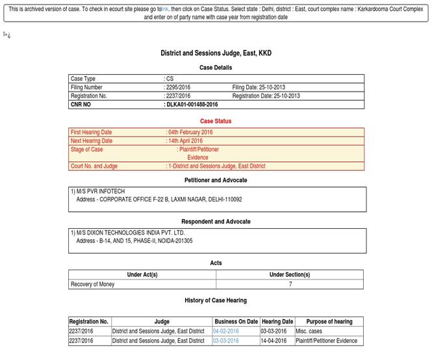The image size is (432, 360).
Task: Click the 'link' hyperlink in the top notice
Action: coord(165,8)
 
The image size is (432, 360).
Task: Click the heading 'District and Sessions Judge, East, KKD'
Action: coord(216,53)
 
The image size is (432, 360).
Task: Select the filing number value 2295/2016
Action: coord(179,87)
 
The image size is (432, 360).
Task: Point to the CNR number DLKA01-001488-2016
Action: coord(192,104)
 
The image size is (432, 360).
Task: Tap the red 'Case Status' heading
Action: coord(216,121)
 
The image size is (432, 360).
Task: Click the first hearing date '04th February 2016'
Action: coord(190,132)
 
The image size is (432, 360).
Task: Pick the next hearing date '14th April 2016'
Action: coord(185,140)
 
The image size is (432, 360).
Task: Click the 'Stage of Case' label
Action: coord(86,149)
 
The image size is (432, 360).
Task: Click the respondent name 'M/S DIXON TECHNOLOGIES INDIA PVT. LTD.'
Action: coord(130,232)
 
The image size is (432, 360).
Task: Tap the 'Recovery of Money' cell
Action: coord(92,284)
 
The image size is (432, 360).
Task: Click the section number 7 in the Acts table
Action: coord(290,284)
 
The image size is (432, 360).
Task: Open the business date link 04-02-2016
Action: coord(226,331)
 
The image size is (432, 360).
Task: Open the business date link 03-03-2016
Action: coord(226,341)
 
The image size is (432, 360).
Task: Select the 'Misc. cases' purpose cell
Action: coord(309,331)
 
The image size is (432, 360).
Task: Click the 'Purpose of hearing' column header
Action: coord(329,321)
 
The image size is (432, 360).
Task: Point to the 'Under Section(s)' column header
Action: coord(290,274)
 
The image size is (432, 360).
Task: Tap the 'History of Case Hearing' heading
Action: coord(216,300)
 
